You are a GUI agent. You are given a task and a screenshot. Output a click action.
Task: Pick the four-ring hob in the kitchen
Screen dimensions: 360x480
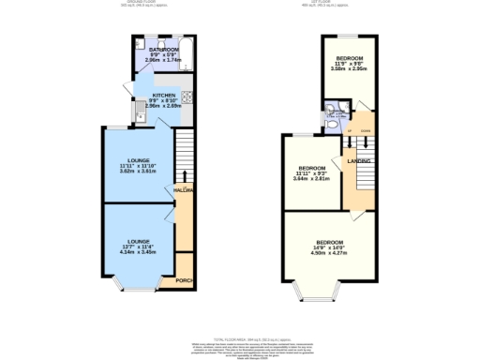(187, 97)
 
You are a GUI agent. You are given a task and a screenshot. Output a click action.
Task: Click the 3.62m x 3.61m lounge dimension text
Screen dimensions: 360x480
(137, 172)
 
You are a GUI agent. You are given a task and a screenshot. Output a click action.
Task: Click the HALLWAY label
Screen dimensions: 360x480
(182, 189)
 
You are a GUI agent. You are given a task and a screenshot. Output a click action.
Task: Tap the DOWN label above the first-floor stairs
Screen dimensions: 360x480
(366, 131)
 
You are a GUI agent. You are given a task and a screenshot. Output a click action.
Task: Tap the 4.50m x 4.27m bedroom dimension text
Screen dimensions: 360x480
(329, 252)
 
